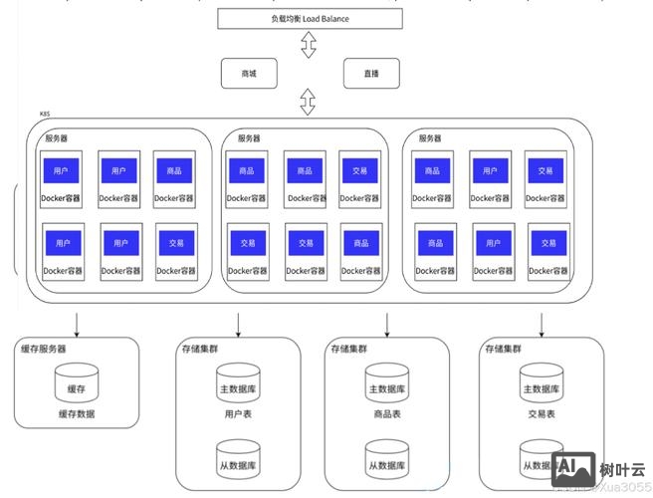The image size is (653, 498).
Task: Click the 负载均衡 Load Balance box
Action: [310, 18]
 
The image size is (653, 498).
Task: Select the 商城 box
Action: [249, 74]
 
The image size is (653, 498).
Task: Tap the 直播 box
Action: [370, 74]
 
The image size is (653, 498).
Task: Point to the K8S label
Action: [46, 115]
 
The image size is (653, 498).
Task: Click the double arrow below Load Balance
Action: [309, 45]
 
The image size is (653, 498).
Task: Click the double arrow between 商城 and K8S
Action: [309, 101]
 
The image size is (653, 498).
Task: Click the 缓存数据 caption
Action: [77, 413]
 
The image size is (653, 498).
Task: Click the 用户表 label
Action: [239, 413]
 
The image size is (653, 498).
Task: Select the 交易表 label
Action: [542, 413]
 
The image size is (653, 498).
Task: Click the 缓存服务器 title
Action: [45, 349]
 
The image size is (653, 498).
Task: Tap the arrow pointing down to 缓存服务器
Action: [77, 323]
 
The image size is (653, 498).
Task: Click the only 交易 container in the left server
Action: [176, 242]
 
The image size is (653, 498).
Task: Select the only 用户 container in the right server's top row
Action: [490, 170]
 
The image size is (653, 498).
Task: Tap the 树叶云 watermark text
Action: [623, 468]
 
